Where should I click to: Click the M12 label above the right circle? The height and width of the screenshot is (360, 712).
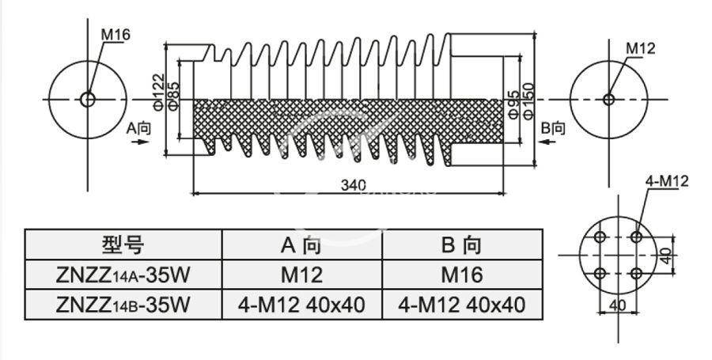point(641,49)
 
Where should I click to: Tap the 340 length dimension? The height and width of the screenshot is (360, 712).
point(353,185)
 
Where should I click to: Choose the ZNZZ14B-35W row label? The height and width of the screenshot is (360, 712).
point(123,304)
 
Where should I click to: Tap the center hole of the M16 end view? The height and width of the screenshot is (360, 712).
point(87,100)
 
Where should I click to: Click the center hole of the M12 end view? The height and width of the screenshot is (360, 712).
point(608,100)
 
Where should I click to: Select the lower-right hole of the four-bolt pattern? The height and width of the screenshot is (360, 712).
point(636,274)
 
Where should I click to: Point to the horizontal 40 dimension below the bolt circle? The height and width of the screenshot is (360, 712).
point(617,305)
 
